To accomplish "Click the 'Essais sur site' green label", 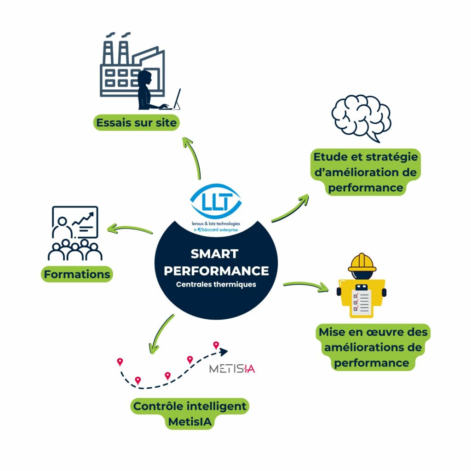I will click(137, 123).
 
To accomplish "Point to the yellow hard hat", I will click(362, 262).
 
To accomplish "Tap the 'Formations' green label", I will click(77, 275).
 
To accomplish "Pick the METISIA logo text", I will click(232, 368).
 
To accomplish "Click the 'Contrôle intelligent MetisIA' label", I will click(190, 414).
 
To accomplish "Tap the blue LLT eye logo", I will click(216, 201).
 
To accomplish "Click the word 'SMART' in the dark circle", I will click(215, 253).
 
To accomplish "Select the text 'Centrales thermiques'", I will click(216, 284).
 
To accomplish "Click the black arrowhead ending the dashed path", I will click(223, 352).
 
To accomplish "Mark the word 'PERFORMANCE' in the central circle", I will click(216, 270).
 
